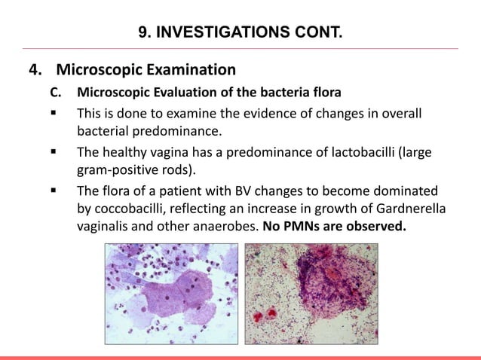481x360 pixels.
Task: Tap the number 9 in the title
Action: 143,32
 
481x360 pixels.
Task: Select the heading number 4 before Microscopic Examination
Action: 33,72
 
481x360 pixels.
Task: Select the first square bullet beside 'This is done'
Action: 55,114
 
